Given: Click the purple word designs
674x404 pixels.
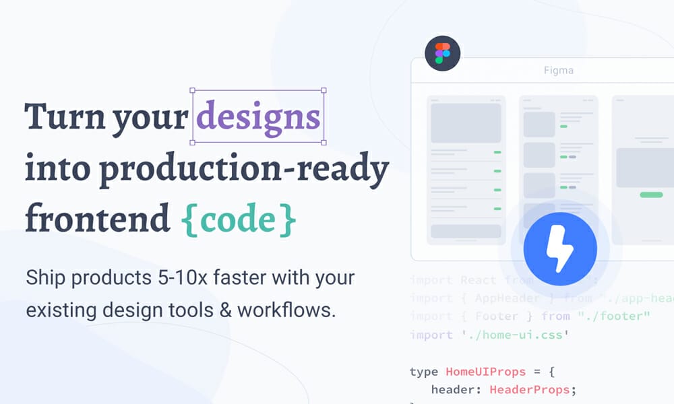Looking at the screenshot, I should (259, 117).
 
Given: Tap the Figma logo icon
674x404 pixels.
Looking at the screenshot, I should (443, 54).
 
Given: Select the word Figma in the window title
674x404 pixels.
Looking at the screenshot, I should (559, 70).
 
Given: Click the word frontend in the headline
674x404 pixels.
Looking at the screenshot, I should (97, 218).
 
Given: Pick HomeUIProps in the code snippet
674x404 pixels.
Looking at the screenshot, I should (485, 371).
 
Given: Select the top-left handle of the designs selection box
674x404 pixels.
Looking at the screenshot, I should (193, 90).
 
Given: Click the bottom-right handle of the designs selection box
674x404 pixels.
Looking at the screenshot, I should (324, 142).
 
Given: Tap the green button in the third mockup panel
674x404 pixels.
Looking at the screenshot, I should (650, 195).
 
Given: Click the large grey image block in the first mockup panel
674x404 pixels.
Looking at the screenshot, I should (465, 122).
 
